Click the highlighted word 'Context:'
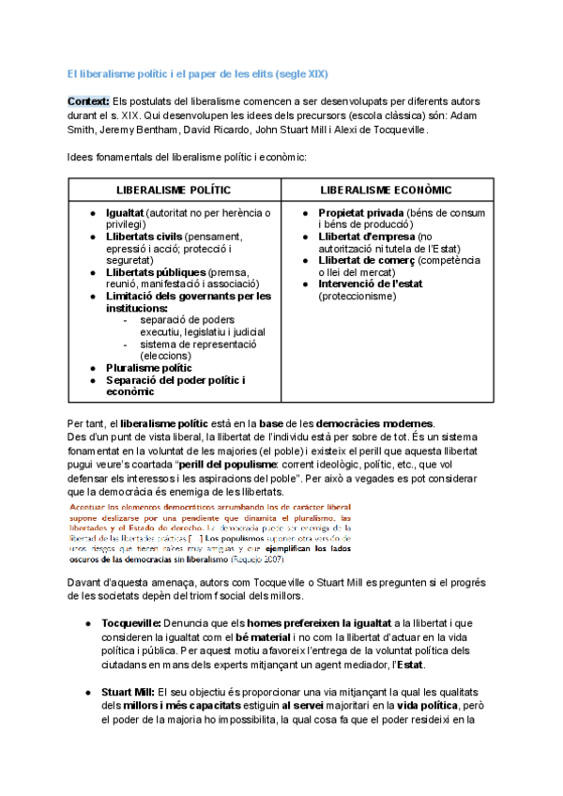(88, 100)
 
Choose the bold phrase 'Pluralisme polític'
(149, 368)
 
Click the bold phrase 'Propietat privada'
(361, 213)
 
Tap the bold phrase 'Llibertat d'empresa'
(366, 237)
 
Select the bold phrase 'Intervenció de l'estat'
(372, 283)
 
